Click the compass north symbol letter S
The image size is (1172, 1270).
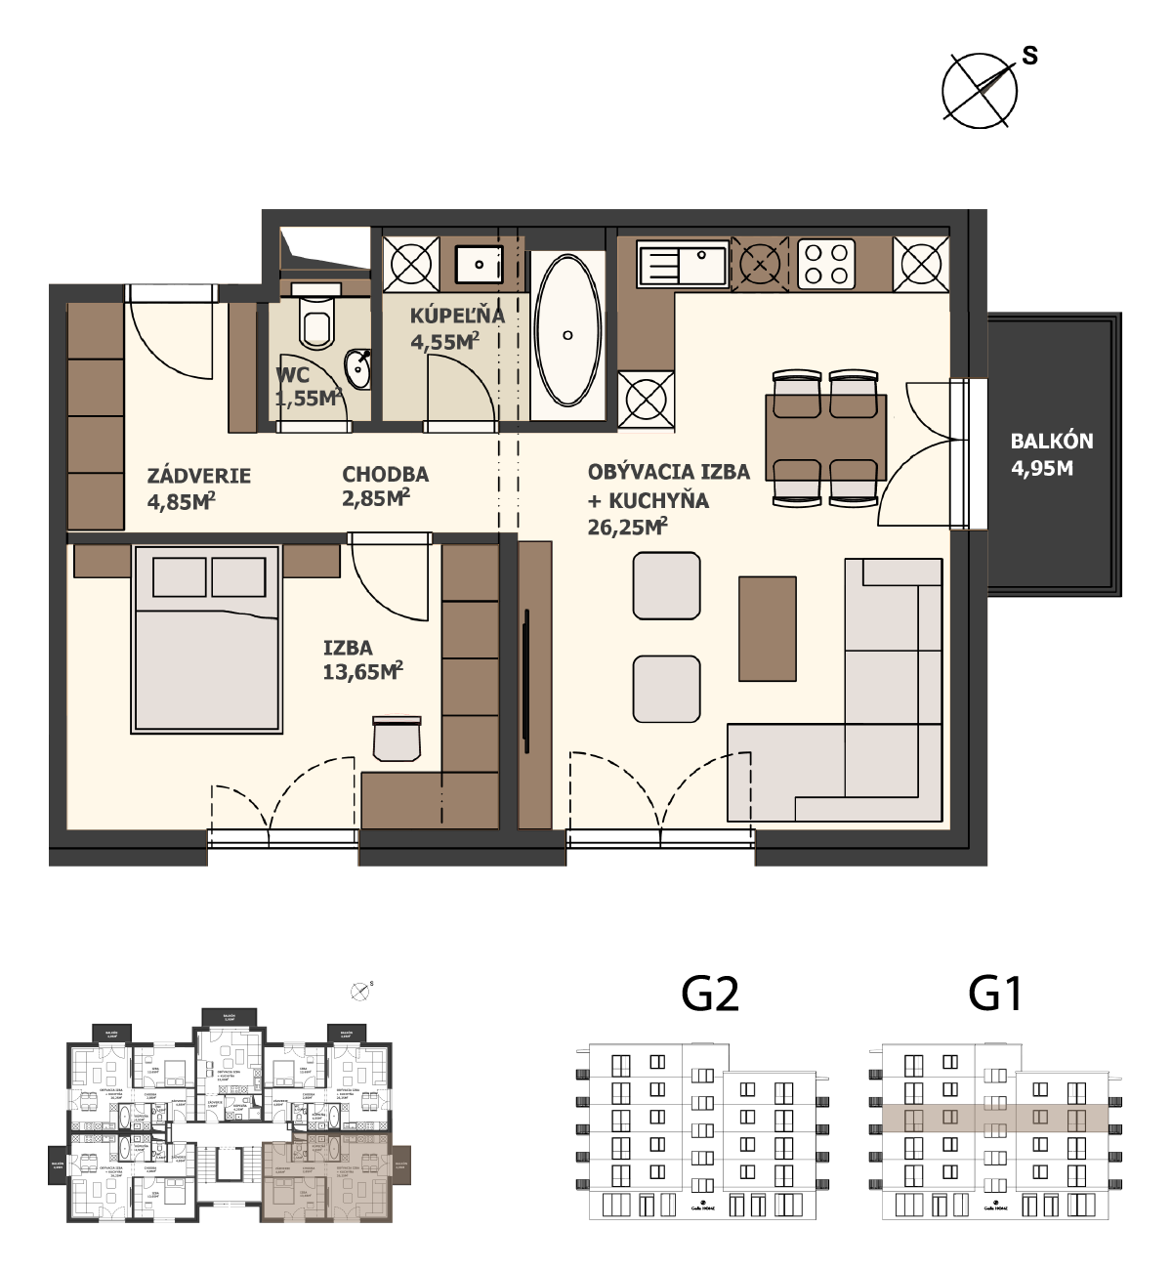[x=1029, y=56]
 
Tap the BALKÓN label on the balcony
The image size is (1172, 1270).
[x=1051, y=441]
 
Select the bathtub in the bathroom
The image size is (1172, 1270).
[x=568, y=330]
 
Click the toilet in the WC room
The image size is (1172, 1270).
[x=316, y=320]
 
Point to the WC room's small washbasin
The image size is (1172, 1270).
[x=358, y=368]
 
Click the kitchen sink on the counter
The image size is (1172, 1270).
[x=682, y=264]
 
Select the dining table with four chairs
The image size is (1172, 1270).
[x=826, y=438]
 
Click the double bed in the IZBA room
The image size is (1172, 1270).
[x=206, y=640]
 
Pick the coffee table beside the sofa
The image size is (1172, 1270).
[x=767, y=628]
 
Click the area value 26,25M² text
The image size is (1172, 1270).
[x=627, y=528]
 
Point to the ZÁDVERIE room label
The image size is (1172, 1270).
[x=199, y=476]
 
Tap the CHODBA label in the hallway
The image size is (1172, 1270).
[x=385, y=474]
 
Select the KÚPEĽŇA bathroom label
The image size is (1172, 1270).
[x=456, y=316]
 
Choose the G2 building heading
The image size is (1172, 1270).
[x=710, y=994]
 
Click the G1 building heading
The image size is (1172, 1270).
[x=995, y=994]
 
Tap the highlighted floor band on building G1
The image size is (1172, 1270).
[x=994, y=1118]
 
